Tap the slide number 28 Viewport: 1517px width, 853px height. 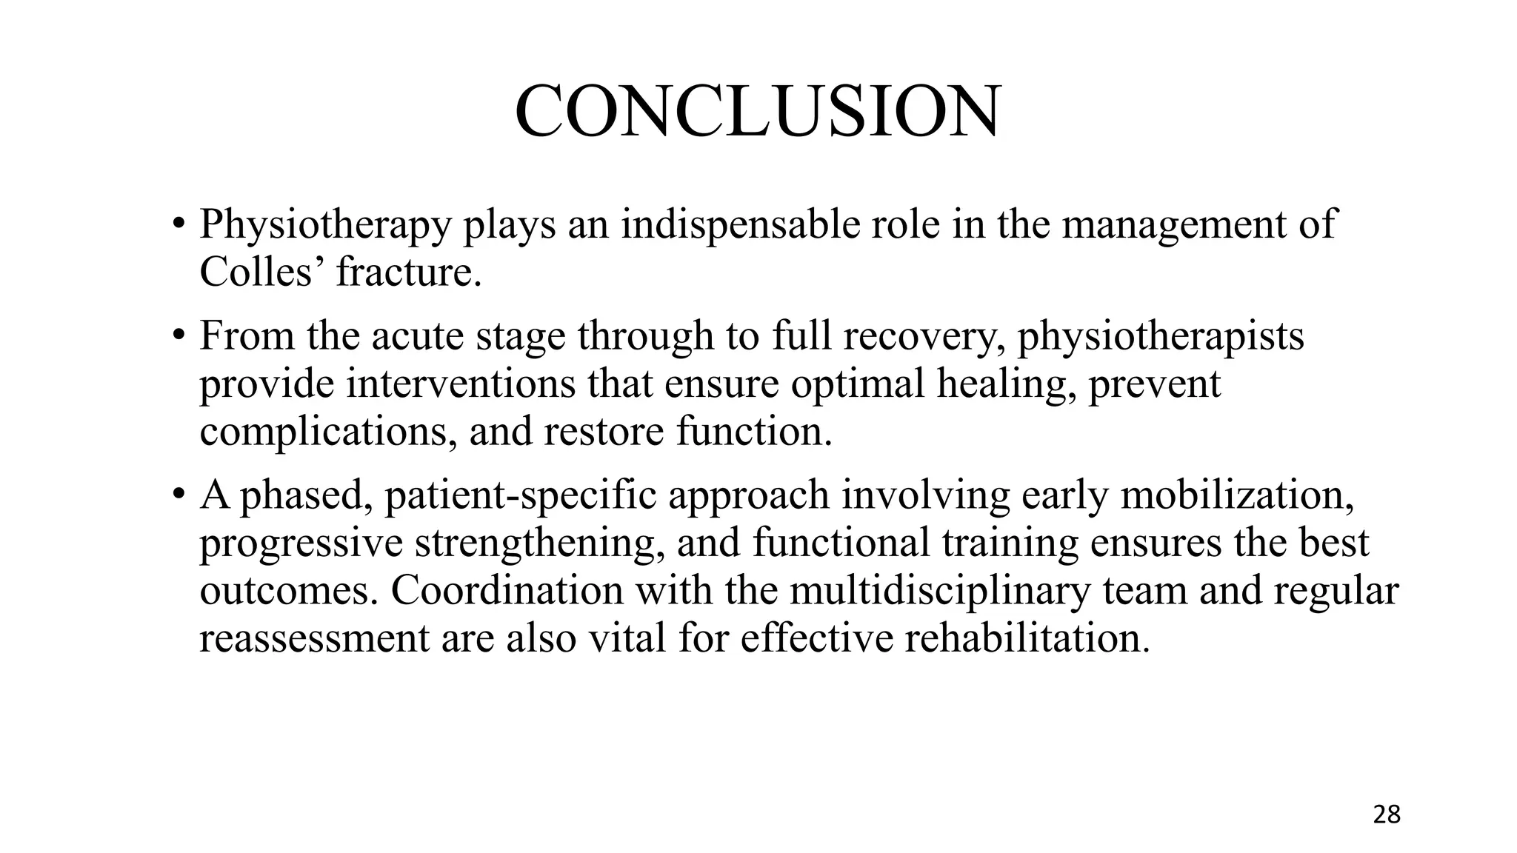click(x=1387, y=814)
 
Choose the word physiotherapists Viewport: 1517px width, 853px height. click(x=1160, y=335)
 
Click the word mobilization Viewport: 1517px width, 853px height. click(x=1237, y=495)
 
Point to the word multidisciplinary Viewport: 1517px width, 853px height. click(x=940, y=591)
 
